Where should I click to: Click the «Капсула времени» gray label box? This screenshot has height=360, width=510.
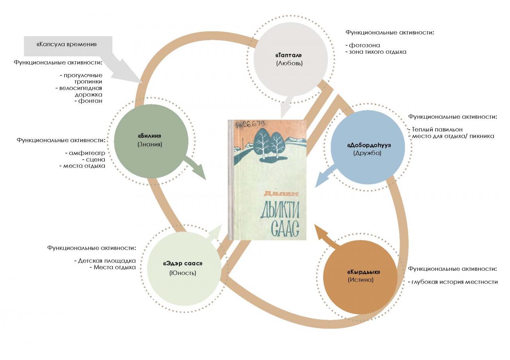(68, 46)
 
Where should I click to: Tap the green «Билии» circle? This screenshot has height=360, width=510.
(151, 141)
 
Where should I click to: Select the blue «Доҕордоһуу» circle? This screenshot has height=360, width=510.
(368, 147)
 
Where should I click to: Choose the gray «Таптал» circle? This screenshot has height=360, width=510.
(291, 60)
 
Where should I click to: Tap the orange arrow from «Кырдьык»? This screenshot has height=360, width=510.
(327, 237)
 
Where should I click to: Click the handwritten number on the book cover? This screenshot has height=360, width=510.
(251, 125)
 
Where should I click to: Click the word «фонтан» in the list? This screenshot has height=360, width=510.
(90, 101)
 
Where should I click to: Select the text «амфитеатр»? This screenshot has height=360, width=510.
(87, 153)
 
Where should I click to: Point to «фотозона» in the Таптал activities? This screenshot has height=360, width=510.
(364, 45)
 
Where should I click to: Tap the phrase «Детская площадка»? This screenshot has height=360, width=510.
(107, 261)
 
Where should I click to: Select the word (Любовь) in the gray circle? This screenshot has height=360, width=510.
(289, 63)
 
